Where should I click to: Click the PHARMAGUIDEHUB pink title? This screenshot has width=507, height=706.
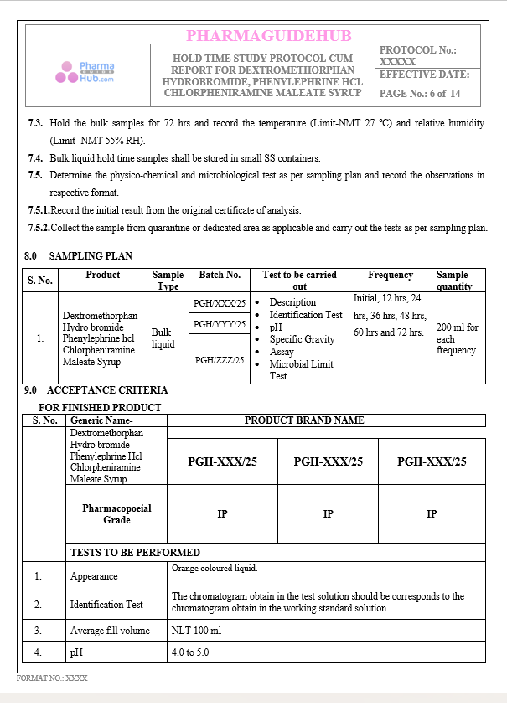(269, 35)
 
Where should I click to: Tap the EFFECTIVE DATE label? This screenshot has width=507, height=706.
(424, 75)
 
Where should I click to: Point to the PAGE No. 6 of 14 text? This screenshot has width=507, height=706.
(420, 94)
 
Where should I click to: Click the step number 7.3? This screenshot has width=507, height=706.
(35, 123)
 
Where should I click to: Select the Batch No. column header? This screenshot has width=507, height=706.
(220, 275)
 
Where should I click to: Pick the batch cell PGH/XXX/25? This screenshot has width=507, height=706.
(220, 303)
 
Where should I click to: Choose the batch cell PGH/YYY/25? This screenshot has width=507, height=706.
(220, 324)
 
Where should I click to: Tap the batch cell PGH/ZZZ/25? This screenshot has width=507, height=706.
(220, 360)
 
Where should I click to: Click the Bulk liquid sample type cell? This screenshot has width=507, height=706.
(163, 338)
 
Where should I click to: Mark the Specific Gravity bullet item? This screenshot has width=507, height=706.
(302, 339)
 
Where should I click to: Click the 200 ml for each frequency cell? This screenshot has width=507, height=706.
(457, 339)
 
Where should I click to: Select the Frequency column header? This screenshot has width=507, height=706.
(391, 275)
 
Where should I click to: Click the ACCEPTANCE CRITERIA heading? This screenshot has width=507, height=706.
(107, 390)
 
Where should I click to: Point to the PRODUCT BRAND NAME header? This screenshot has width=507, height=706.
(303, 420)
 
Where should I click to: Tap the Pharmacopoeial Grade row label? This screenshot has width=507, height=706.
(116, 514)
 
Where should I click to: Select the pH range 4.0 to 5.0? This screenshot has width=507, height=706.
(190, 652)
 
